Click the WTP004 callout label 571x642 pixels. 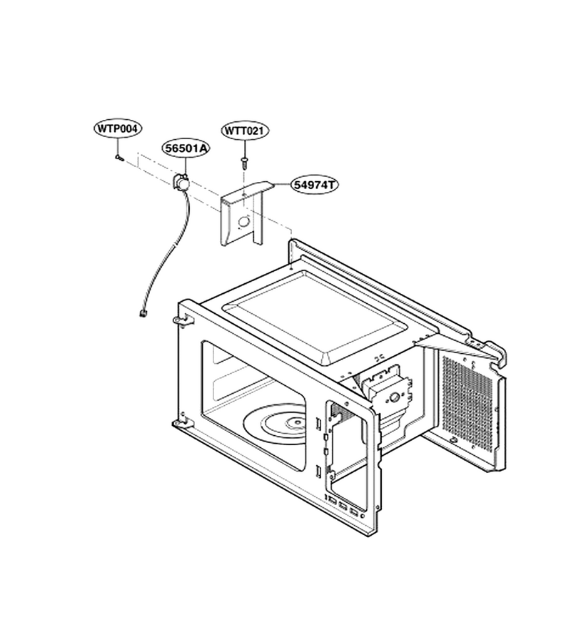pyautogui.click(x=118, y=128)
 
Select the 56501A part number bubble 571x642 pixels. pyautogui.click(x=186, y=148)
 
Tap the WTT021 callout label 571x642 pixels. pyautogui.click(x=245, y=131)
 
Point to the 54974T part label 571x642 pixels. pyautogui.click(x=315, y=185)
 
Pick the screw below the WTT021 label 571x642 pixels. pyautogui.click(x=245, y=163)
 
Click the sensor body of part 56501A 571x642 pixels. pyautogui.click(x=181, y=181)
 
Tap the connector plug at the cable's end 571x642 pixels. pyautogui.click(x=143, y=314)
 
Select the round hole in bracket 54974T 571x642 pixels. pyautogui.click(x=243, y=221)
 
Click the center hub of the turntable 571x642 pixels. pyautogui.click(x=295, y=422)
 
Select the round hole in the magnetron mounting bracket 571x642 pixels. pyautogui.click(x=395, y=397)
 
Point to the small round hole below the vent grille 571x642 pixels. pyautogui.click(x=454, y=440)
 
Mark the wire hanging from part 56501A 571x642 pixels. pyautogui.click(x=166, y=250)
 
